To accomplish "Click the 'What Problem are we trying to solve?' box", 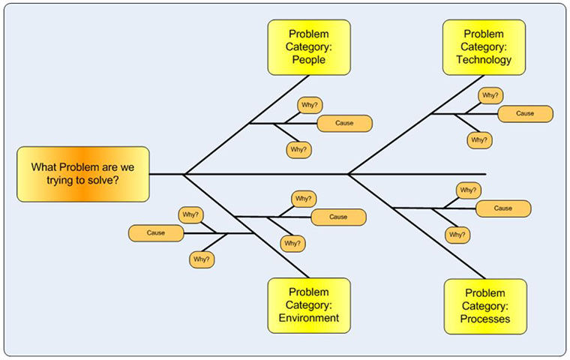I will tap(83, 174).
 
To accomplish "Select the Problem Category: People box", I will tap(308, 46).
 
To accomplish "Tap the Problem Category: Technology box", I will tap(484, 46).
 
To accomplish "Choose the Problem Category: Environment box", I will tap(308, 305).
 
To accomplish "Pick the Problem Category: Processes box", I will tap(484, 306).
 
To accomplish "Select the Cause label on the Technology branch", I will tap(525, 113).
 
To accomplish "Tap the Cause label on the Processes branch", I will tap(502, 208).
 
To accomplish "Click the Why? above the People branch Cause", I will tap(309, 105).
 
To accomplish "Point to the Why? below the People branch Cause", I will tap(298, 150).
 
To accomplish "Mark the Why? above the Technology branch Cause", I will tap(490, 95).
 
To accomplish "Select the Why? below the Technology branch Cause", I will tap(479, 139).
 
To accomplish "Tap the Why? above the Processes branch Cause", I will tap(468, 190).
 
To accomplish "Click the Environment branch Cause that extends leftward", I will tap(156, 233).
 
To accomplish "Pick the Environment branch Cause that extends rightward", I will tap(338, 217).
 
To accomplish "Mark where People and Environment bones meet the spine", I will tap(184, 174).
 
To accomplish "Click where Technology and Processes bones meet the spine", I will tap(349, 174).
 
